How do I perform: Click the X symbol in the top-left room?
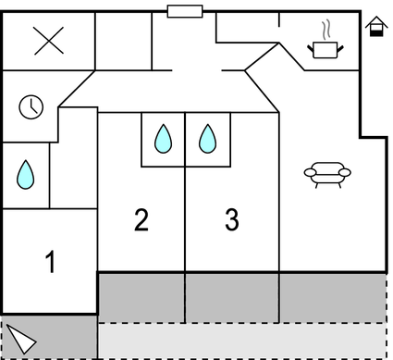coord(48,41)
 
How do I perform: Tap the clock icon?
coord(31,107)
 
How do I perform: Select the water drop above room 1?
coord(25,173)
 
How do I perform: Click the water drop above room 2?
coord(163,139)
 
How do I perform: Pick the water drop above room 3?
coord(208,139)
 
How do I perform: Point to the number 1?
coord(50,263)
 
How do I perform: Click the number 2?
coord(141,220)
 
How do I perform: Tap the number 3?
coord(231,220)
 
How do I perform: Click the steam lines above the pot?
coord(325,28)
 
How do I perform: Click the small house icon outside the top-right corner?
coord(375,27)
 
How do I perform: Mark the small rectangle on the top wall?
coord(185,11)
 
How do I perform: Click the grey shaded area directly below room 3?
coord(232,296)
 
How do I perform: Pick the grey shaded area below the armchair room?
coord(332,296)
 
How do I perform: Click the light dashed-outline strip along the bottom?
coord(240,340)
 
